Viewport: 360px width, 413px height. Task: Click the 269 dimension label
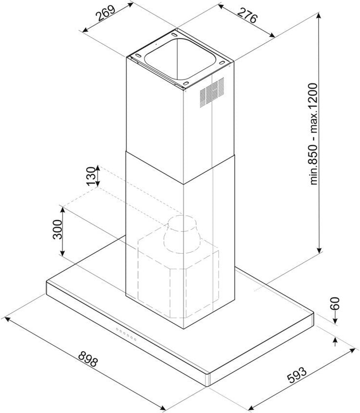[106, 13]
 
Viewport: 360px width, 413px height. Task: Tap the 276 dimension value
[246, 15]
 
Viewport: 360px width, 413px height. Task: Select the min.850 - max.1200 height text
[314, 134]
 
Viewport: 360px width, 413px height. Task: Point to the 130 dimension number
[91, 176]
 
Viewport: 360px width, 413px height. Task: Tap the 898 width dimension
[88, 358]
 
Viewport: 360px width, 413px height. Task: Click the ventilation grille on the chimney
[212, 92]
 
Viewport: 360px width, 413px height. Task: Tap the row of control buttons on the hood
[126, 334]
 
